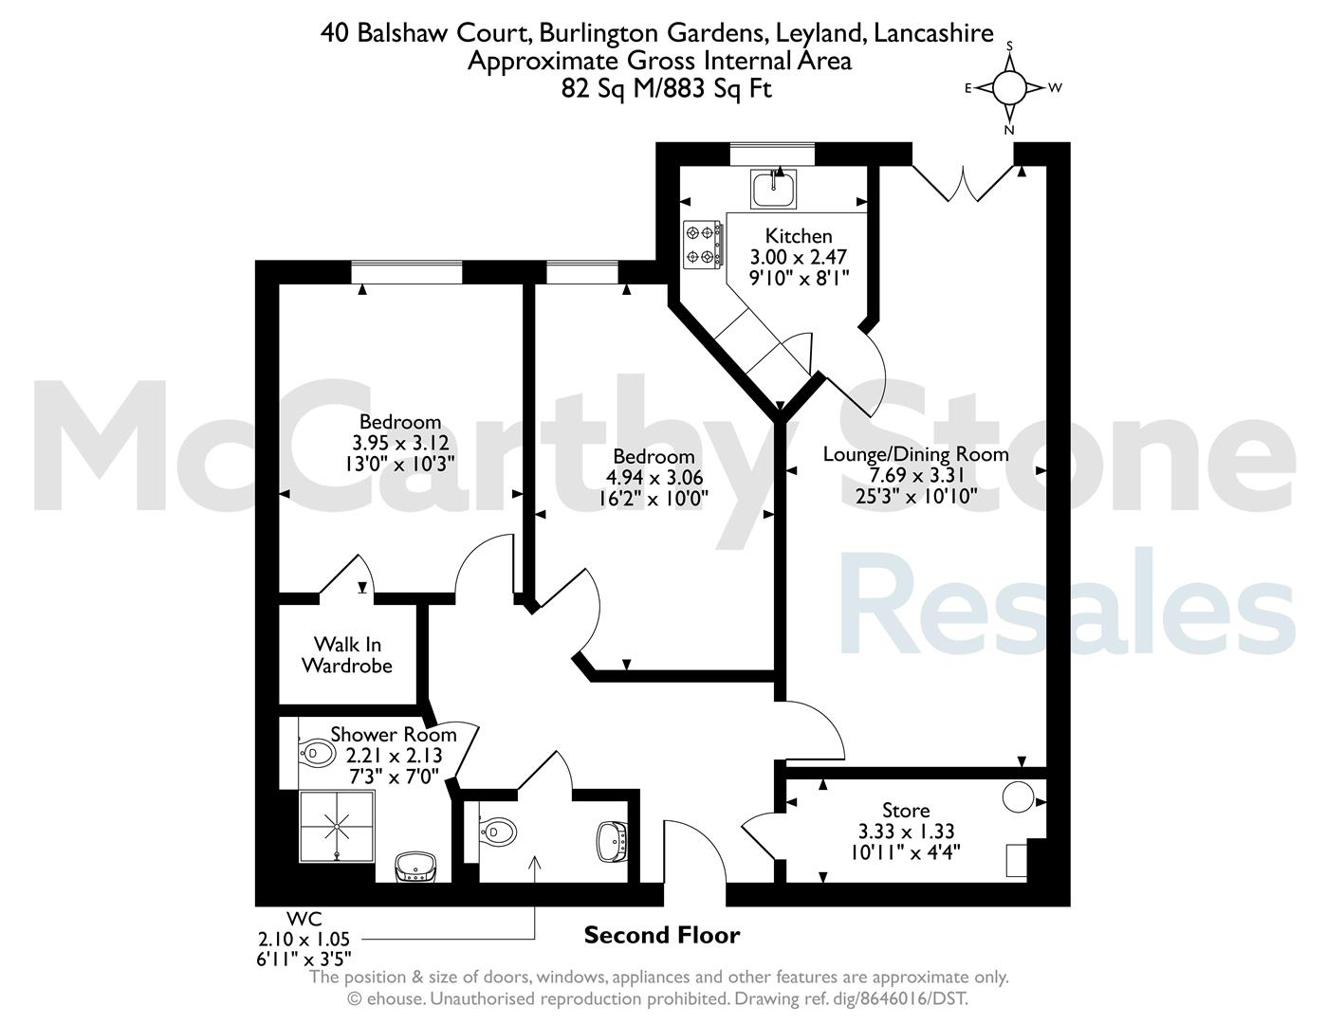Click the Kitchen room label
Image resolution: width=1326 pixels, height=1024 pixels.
pos(799,236)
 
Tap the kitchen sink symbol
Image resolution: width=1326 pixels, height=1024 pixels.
pos(774,188)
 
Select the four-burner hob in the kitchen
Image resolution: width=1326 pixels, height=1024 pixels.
pos(702,245)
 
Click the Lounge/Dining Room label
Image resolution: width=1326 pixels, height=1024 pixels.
pos(915,454)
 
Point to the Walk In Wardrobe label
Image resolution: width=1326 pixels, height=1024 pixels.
pos(347,655)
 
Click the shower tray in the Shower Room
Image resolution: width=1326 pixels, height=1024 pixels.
pos(337,827)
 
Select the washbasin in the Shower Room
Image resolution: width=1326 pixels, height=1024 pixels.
pos(414,867)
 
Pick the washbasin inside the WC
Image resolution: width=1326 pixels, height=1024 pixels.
pos(612,842)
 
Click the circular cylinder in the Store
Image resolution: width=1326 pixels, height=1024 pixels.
pos(1018,797)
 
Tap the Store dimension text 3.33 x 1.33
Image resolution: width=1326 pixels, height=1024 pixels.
pos(906,831)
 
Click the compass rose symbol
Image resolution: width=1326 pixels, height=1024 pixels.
pos(1010,88)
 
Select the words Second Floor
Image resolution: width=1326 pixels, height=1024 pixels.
pos(662,935)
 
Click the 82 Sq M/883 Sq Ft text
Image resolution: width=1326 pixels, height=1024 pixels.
pos(667,89)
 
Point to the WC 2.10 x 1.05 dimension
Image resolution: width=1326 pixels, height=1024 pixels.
pos(304,940)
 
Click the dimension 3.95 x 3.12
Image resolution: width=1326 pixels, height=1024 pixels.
pos(400,442)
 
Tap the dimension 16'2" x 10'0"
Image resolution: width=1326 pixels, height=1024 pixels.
pos(654,499)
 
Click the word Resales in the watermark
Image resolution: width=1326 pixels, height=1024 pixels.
pos(1068,601)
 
